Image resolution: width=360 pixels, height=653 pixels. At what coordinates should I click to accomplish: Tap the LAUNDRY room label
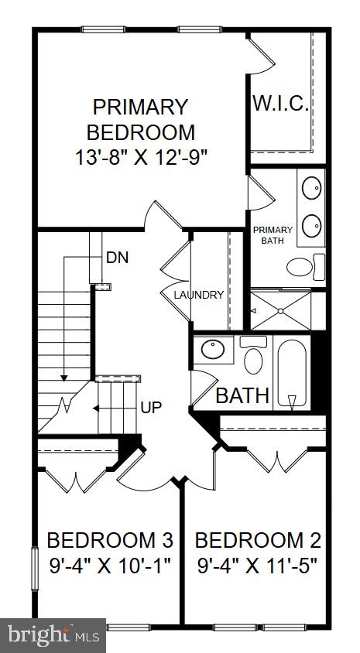pyautogui.click(x=199, y=295)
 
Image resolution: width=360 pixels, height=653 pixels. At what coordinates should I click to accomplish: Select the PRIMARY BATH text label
pyautogui.click(x=273, y=235)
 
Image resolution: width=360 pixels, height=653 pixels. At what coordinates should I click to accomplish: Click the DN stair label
pyautogui.click(x=117, y=258)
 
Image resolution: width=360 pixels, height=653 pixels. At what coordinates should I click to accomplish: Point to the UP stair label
pyautogui.click(x=151, y=407)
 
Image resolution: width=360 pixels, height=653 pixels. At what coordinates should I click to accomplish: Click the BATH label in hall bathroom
pyautogui.click(x=242, y=395)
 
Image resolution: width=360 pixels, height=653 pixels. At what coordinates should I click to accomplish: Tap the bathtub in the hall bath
pyautogui.click(x=292, y=374)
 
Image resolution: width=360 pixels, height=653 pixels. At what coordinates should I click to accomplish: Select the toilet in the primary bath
pyautogui.click(x=306, y=267)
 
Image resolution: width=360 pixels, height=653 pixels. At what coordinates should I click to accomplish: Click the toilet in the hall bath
pyautogui.click(x=253, y=355)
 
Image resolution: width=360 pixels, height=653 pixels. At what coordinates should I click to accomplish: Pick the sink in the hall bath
pyautogui.click(x=213, y=350)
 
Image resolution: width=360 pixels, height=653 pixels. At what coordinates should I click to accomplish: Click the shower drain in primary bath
pyautogui.click(x=281, y=311)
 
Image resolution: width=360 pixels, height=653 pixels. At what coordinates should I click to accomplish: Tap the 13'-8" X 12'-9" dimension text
pyautogui.click(x=141, y=158)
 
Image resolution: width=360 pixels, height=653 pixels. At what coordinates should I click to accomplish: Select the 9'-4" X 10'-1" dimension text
pyautogui.click(x=110, y=566)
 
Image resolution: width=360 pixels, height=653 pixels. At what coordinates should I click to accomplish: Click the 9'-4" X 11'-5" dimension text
pyautogui.click(x=258, y=566)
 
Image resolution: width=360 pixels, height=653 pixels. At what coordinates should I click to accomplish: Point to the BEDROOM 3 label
pyautogui.click(x=110, y=540)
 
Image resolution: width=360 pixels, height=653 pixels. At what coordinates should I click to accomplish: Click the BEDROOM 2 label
pyautogui.click(x=259, y=540)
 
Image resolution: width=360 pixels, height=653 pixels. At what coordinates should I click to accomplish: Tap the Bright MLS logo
pyautogui.click(x=53, y=636)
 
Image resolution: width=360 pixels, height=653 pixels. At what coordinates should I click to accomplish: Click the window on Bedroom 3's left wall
pyautogui.click(x=35, y=569)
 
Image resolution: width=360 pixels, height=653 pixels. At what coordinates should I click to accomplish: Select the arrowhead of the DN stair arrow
pyautogui.click(x=63, y=378)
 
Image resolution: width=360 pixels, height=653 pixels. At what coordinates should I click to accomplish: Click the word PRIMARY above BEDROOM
pyautogui.click(x=140, y=107)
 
